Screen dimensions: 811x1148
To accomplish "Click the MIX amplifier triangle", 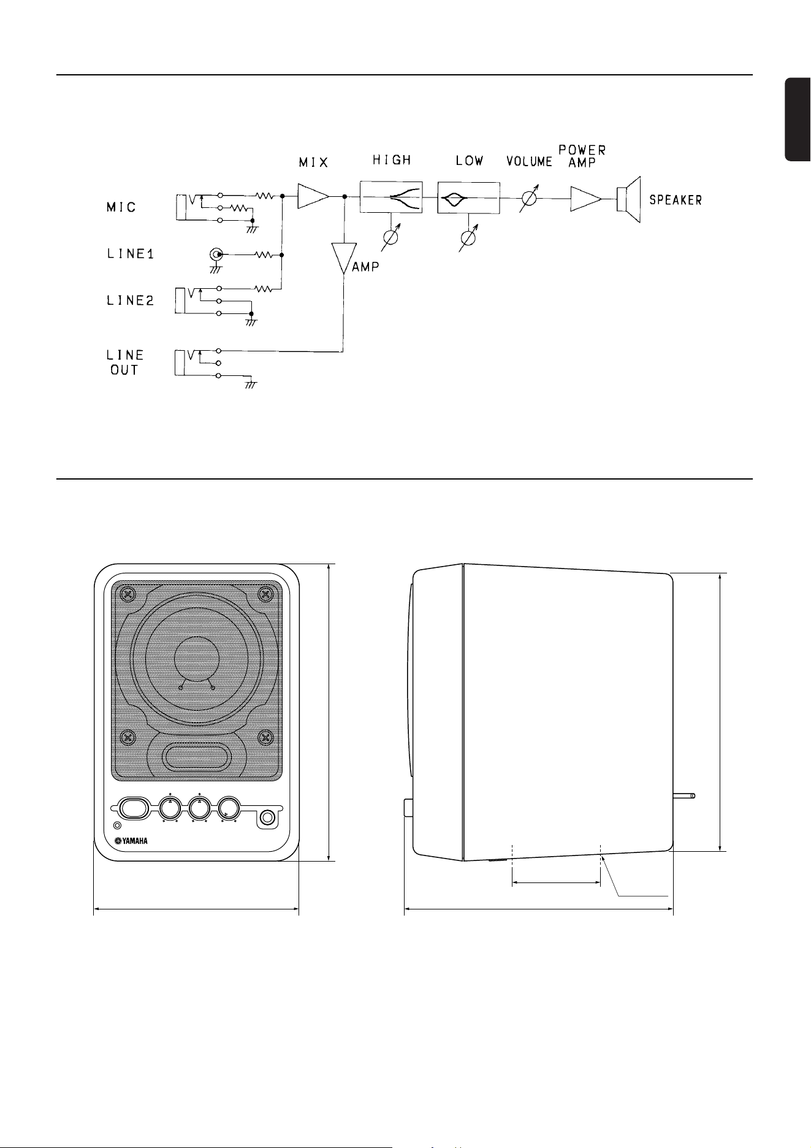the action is click(x=312, y=197).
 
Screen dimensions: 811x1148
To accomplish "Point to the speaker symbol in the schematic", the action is click(x=628, y=200).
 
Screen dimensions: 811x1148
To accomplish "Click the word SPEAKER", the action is click(x=676, y=200).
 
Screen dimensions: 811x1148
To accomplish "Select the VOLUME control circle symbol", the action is click(x=528, y=198).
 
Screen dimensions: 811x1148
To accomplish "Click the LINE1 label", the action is click(x=130, y=254).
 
